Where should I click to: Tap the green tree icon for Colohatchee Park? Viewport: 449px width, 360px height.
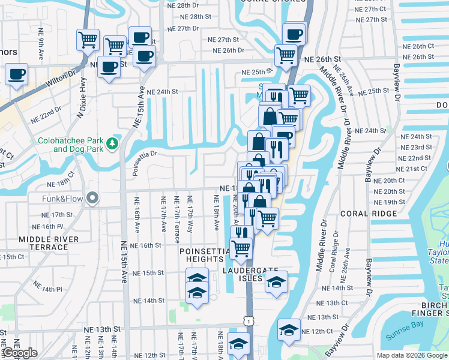112,143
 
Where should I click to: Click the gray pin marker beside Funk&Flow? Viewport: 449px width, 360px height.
92,197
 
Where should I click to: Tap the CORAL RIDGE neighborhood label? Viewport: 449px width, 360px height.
376,214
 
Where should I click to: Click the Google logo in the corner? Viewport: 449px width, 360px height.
20,353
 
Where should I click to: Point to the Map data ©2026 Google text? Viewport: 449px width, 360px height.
412,355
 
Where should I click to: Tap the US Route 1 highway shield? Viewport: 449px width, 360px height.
247,322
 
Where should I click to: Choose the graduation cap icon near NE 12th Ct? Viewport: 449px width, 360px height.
289,329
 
